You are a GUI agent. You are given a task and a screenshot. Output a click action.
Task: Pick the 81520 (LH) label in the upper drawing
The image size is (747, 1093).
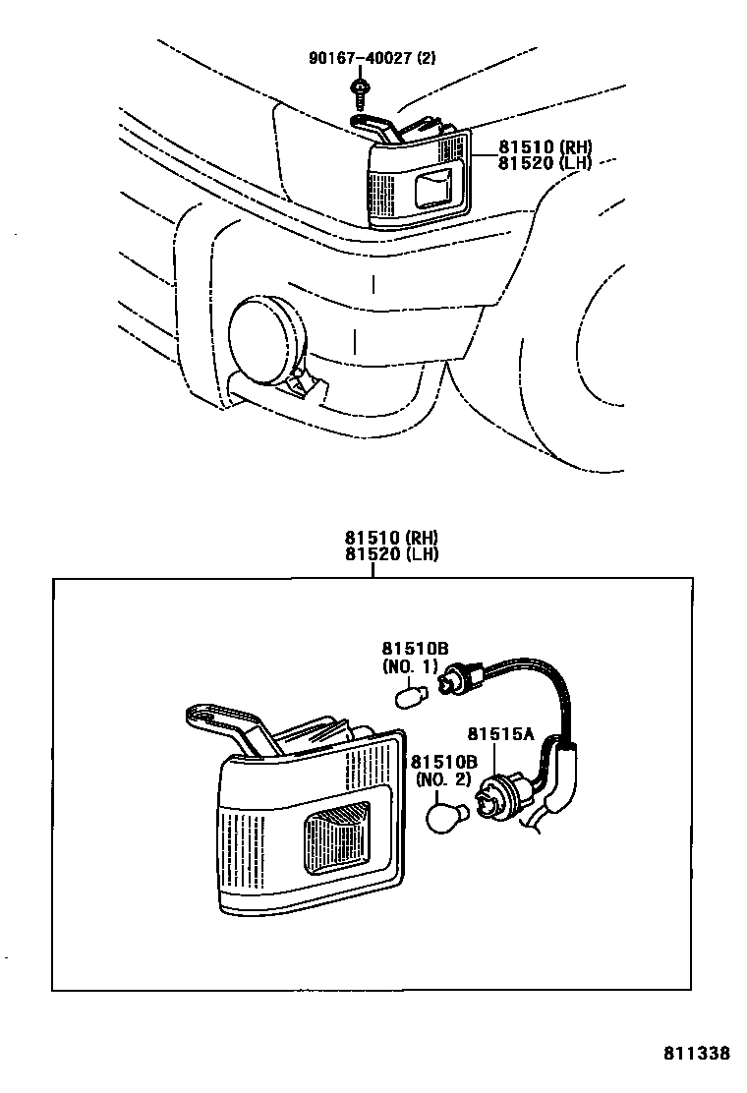tap(543, 163)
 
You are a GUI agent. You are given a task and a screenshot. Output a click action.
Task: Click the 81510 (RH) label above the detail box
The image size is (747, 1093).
tap(390, 538)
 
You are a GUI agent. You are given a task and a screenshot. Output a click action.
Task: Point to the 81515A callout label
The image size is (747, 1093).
tap(499, 734)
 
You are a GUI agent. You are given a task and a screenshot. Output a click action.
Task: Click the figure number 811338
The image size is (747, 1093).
tap(696, 1053)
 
